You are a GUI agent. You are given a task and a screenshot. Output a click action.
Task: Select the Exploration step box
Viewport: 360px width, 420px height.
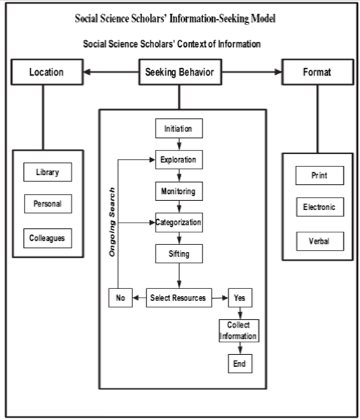click(179, 160)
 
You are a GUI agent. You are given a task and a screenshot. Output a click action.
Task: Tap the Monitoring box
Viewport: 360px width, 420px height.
click(179, 190)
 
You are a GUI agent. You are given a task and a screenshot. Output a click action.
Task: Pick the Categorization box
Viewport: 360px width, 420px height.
click(179, 223)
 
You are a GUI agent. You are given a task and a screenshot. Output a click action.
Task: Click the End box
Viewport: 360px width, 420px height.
click(239, 363)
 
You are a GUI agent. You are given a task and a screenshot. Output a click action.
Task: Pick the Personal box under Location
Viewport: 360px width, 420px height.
click(47, 205)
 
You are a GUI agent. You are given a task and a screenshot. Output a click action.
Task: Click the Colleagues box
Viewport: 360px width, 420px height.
click(47, 238)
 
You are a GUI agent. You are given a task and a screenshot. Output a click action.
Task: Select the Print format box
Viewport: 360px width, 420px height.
click(319, 176)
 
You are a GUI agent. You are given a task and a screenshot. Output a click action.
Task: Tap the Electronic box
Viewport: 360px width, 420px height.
click(319, 208)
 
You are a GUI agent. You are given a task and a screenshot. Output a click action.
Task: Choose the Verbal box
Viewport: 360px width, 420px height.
click(319, 241)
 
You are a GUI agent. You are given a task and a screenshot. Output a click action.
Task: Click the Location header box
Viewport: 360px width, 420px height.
click(47, 72)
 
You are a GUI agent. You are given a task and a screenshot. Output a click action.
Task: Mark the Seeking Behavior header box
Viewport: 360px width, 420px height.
click(179, 72)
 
